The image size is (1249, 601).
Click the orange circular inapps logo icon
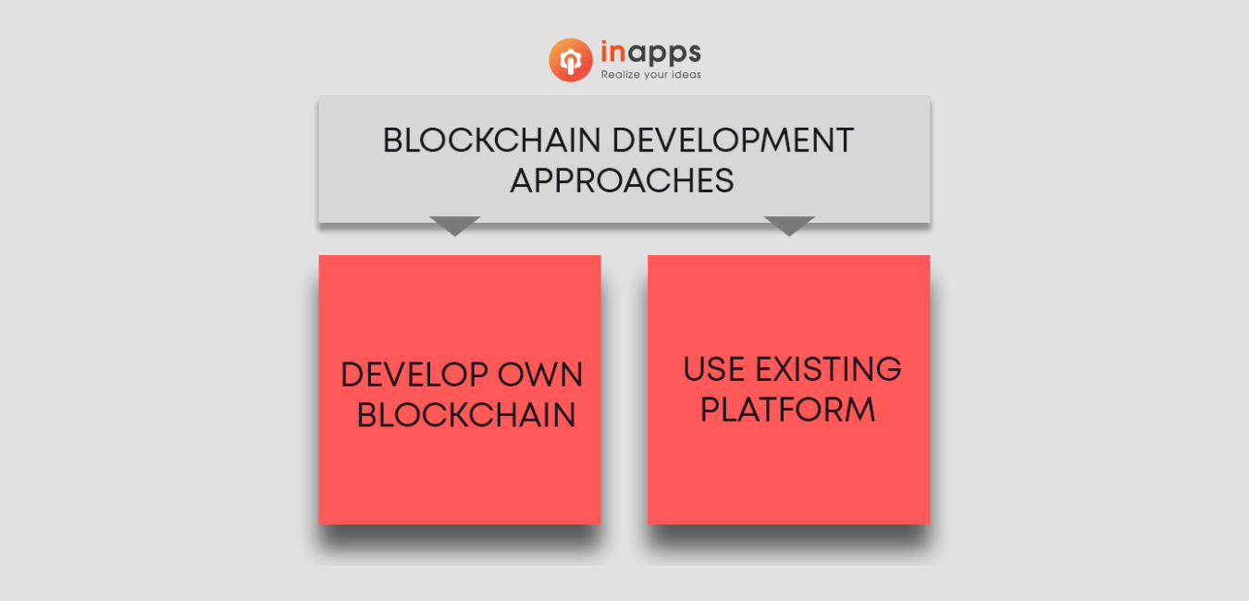pyautogui.click(x=571, y=59)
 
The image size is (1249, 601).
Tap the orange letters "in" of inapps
pyautogui.click(x=613, y=53)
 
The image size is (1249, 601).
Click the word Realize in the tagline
pyautogui.click(x=620, y=75)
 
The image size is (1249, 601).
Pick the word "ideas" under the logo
pyautogui.click(x=686, y=75)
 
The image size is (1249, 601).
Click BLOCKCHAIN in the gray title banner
pyautogui.click(x=492, y=140)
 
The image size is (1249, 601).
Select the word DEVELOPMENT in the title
pyautogui.click(x=733, y=140)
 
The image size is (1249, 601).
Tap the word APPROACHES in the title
pyautogui.click(x=622, y=180)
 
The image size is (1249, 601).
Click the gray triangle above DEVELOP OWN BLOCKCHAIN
pyautogui.click(x=455, y=225)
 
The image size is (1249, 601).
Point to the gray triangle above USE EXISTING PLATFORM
pyautogui.click(x=789, y=225)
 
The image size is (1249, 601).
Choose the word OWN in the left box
pyautogui.click(x=539, y=374)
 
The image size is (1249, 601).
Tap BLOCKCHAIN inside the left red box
pyautogui.click(x=466, y=415)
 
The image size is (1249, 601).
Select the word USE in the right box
pyautogui.click(x=713, y=369)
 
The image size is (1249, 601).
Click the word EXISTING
pyautogui.click(x=828, y=369)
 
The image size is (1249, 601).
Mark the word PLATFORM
pyautogui.click(x=787, y=410)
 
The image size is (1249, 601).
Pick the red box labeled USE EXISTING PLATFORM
pyautogui.click(x=788, y=389)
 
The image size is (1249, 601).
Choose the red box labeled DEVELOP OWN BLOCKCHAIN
pyautogui.click(x=460, y=389)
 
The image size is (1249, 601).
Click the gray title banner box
pyautogui.click(x=624, y=159)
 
